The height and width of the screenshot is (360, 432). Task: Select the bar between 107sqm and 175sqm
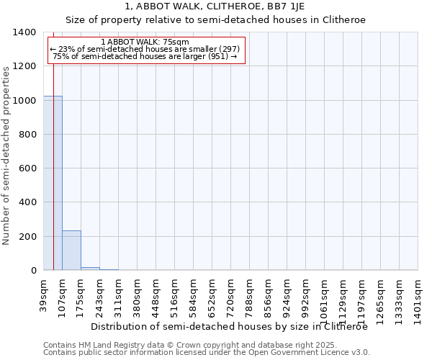point(71,251)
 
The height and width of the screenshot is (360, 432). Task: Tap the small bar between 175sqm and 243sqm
point(90,269)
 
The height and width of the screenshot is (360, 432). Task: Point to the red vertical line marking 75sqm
point(54,158)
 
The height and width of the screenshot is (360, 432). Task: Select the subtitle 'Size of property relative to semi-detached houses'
point(215,20)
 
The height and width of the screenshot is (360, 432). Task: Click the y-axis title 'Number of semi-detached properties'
point(6,155)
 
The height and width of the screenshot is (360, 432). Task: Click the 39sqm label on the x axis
point(44,294)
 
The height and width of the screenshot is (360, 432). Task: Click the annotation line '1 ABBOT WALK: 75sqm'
point(145,42)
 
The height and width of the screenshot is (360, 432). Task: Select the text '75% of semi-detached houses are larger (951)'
point(145,56)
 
